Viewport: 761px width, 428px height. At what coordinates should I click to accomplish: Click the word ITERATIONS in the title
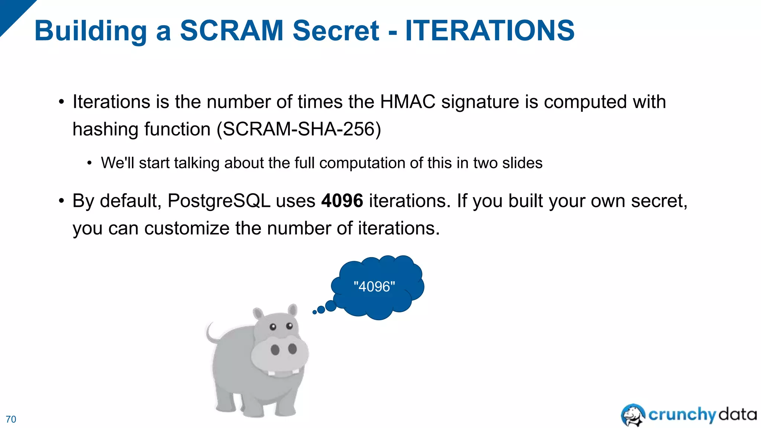coord(490,30)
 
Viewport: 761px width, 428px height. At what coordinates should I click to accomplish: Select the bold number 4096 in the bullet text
coord(342,201)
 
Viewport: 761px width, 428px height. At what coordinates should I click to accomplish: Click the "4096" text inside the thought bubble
coord(374,287)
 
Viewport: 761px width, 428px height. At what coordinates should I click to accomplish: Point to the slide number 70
coord(11,419)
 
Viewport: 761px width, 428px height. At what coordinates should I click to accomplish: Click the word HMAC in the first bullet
coord(407,102)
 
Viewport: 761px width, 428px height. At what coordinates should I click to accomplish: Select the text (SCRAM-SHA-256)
coord(299,129)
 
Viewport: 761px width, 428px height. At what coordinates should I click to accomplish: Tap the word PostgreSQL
coord(219,201)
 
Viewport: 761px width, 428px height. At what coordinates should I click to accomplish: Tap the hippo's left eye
coord(273,327)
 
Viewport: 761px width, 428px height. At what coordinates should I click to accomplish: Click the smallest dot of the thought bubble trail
coord(315,312)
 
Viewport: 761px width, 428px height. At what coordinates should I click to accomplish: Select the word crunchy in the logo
coord(682,415)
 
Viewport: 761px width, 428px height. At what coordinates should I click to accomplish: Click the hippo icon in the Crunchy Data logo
coord(633,415)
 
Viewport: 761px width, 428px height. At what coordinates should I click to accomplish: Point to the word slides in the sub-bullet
coord(522,163)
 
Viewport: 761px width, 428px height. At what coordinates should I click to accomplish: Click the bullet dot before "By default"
coord(61,201)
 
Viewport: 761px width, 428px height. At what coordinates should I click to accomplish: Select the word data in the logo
coord(738,414)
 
